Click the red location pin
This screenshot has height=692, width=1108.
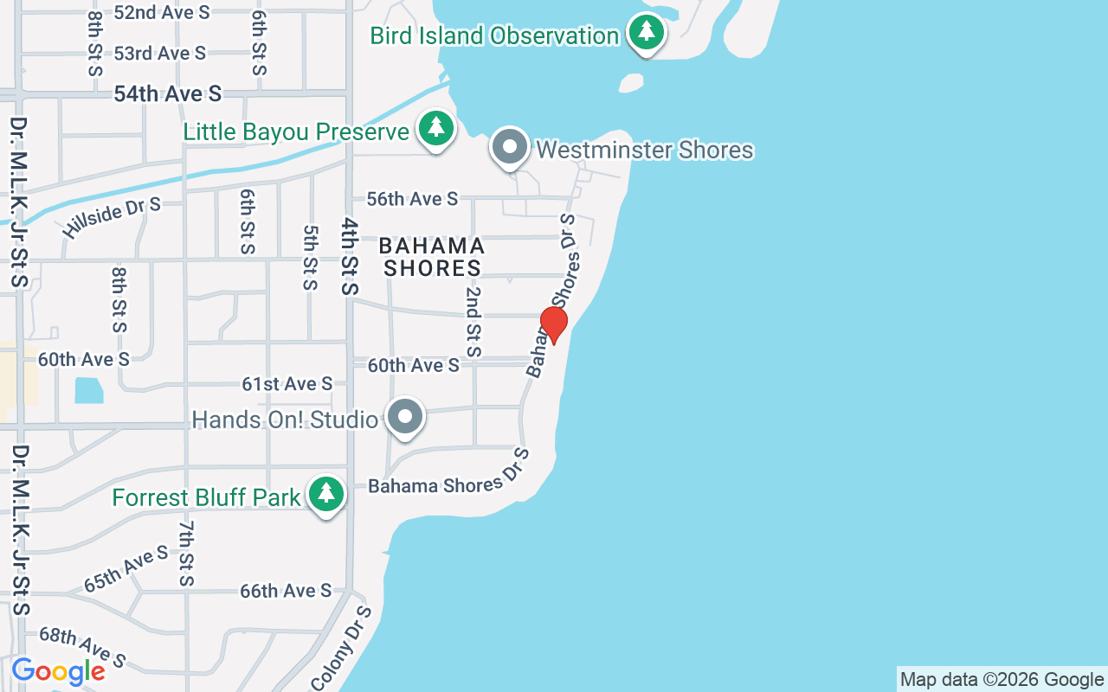pos(553,324)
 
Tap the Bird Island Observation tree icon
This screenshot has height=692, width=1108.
pos(646,33)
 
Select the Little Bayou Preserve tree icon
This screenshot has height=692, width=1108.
pos(436,129)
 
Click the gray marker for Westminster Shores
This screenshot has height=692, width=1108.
pos(510,147)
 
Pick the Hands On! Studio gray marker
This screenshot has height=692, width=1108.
pos(404,418)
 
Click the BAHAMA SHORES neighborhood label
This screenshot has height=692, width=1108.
pos(432,258)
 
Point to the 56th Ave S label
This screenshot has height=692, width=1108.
pos(412,199)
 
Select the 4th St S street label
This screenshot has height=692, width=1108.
pos(349,256)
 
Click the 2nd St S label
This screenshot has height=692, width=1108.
pos(473,322)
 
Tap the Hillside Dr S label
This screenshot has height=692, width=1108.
pos(112,217)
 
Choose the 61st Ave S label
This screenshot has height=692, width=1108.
pos(287,383)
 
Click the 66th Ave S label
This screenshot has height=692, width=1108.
pos(286,591)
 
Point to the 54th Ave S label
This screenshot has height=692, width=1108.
pos(168,93)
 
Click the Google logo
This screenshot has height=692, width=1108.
pos(58,671)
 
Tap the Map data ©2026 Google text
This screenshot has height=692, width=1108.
pos(1002,680)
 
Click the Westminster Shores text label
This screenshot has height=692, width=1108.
pos(645,150)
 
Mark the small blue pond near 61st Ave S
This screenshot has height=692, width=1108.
pos(88,390)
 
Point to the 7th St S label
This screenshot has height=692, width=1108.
pos(187,553)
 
